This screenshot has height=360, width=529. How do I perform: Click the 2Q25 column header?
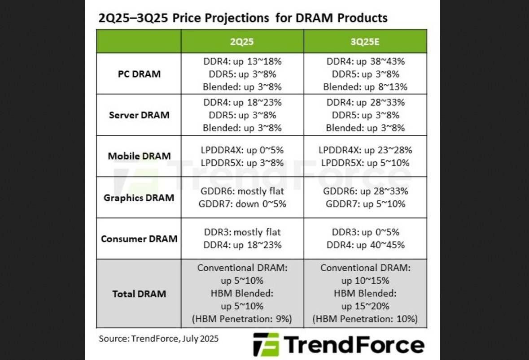tap(242, 41)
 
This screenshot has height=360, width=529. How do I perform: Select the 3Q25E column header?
tap(365, 41)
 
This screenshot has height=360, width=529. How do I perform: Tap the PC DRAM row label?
tap(139, 74)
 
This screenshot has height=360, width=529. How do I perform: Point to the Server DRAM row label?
tap(139, 115)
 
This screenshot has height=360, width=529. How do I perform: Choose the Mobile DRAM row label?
tap(139, 156)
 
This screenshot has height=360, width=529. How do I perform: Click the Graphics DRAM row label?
tap(139, 198)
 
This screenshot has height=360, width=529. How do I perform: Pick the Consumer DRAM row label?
tap(139, 239)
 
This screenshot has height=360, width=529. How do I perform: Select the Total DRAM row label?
tap(139, 294)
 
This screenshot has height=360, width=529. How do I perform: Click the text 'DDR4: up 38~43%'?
tap(365, 61)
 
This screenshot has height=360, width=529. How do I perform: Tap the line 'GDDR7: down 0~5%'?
tap(242, 204)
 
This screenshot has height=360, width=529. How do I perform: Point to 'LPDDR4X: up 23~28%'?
tap(365, 150)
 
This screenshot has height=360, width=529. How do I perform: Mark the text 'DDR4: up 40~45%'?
tap(365, 245)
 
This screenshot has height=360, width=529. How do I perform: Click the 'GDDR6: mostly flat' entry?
tap(242, 191)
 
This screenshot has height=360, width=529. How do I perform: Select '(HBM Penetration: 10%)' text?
tap(365, 319)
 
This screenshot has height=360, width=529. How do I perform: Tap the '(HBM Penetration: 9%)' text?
tap(242, 319)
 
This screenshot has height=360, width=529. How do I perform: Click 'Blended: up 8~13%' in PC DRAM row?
tap(365, 87)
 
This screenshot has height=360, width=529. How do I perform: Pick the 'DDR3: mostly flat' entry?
tap(242, 232)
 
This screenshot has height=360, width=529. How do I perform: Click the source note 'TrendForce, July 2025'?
tap(175, 338)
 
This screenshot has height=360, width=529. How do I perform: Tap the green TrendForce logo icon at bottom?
tap(266, 344)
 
